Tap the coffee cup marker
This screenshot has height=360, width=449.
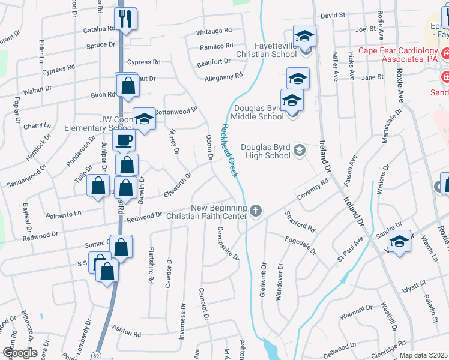(124, 140)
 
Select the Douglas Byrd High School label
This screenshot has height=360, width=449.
(265, 151)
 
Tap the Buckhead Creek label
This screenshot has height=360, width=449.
(229, 150)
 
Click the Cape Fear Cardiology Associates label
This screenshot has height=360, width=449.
(399, 55)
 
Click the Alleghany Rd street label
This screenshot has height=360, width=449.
(223, 77)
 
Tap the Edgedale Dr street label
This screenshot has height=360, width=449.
(300, 245)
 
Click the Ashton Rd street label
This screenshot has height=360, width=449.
(128, 334)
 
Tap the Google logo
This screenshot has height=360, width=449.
(20, 353)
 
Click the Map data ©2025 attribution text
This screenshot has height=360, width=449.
(423, 355)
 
